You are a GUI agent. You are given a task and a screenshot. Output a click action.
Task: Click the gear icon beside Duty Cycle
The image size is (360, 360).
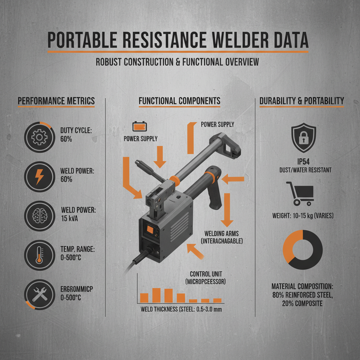pos(38,137)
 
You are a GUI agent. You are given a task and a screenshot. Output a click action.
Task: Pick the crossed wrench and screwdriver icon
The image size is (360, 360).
pos(38,295)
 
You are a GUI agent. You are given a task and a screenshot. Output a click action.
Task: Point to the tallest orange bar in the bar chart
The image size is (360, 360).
pos(156,295)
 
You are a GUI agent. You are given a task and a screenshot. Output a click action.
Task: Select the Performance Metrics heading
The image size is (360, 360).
pos(56,101)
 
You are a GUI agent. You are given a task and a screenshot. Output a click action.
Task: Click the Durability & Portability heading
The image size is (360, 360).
pos(302,101)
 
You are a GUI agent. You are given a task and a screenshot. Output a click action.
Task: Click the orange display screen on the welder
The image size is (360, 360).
pos(149,230)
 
